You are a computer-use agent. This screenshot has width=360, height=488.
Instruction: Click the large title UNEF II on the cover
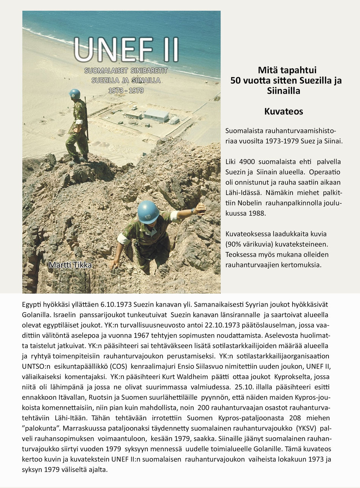tap(126, 50)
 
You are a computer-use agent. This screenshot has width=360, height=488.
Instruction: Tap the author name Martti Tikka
tap(70, 265)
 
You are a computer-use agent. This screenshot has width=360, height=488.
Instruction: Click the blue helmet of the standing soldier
tap(75, 94)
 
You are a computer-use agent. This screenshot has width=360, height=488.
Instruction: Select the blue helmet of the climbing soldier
tap(148, 212)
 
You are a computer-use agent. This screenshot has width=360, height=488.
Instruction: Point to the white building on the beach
tap(156, 115)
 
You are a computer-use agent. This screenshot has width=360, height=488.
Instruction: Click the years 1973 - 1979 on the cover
tap(126, 91)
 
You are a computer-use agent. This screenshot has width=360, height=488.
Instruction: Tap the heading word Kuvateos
tap(283, 112)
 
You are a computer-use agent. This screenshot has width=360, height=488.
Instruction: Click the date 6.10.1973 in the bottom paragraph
tap(117, 305)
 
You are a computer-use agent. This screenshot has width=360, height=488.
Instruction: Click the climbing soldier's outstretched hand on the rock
tap(200, 208)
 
